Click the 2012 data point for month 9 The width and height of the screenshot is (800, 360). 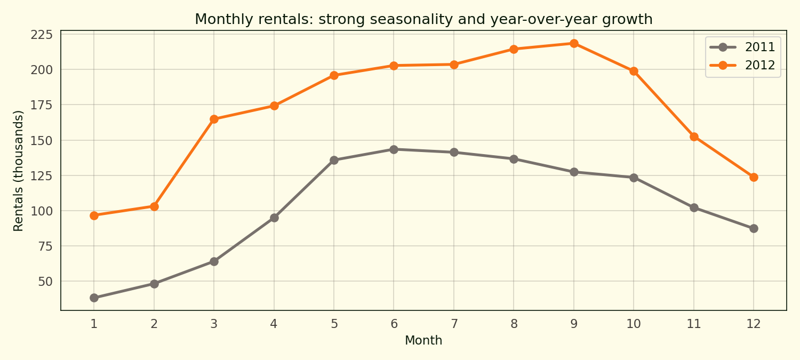point(574,43)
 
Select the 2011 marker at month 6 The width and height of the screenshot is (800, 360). point(394,149)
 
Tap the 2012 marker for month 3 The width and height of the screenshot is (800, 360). point(214,119)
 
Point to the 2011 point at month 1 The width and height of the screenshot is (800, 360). point(94,298)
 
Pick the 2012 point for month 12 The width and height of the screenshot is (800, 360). point(754,177)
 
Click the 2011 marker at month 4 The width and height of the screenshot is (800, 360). point(274,218)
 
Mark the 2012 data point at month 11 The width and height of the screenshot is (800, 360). point(694,137)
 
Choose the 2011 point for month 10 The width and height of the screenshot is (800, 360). point(634,178)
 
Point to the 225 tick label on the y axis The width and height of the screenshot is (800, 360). point(42,35)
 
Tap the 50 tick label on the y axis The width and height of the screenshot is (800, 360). point(46,281)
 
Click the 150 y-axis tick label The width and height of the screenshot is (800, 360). point(42,140)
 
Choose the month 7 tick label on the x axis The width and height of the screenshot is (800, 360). point(454,323)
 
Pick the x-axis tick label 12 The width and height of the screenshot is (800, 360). point(754,323)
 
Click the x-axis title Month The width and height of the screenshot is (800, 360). point(423,340)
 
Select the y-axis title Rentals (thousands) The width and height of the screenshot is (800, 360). point(19,171)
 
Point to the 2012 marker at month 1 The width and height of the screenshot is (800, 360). point(94,215)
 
